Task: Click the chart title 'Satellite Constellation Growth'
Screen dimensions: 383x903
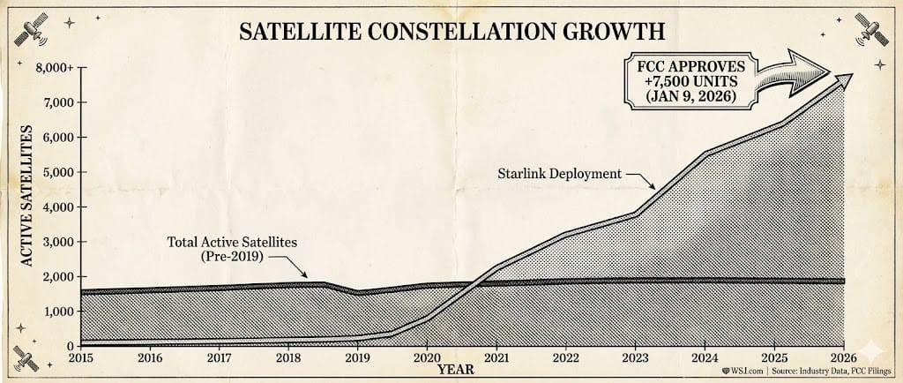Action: [x=451, y=32]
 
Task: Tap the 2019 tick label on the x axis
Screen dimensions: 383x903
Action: [x=356, y=359]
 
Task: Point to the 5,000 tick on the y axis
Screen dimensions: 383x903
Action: [x=56, y=172]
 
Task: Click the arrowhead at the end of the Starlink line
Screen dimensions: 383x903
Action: [x=846, y=79]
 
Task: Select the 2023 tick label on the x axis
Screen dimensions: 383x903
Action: [x=635, y=359]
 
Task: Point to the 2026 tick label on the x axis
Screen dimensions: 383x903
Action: [x=843, y=359]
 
